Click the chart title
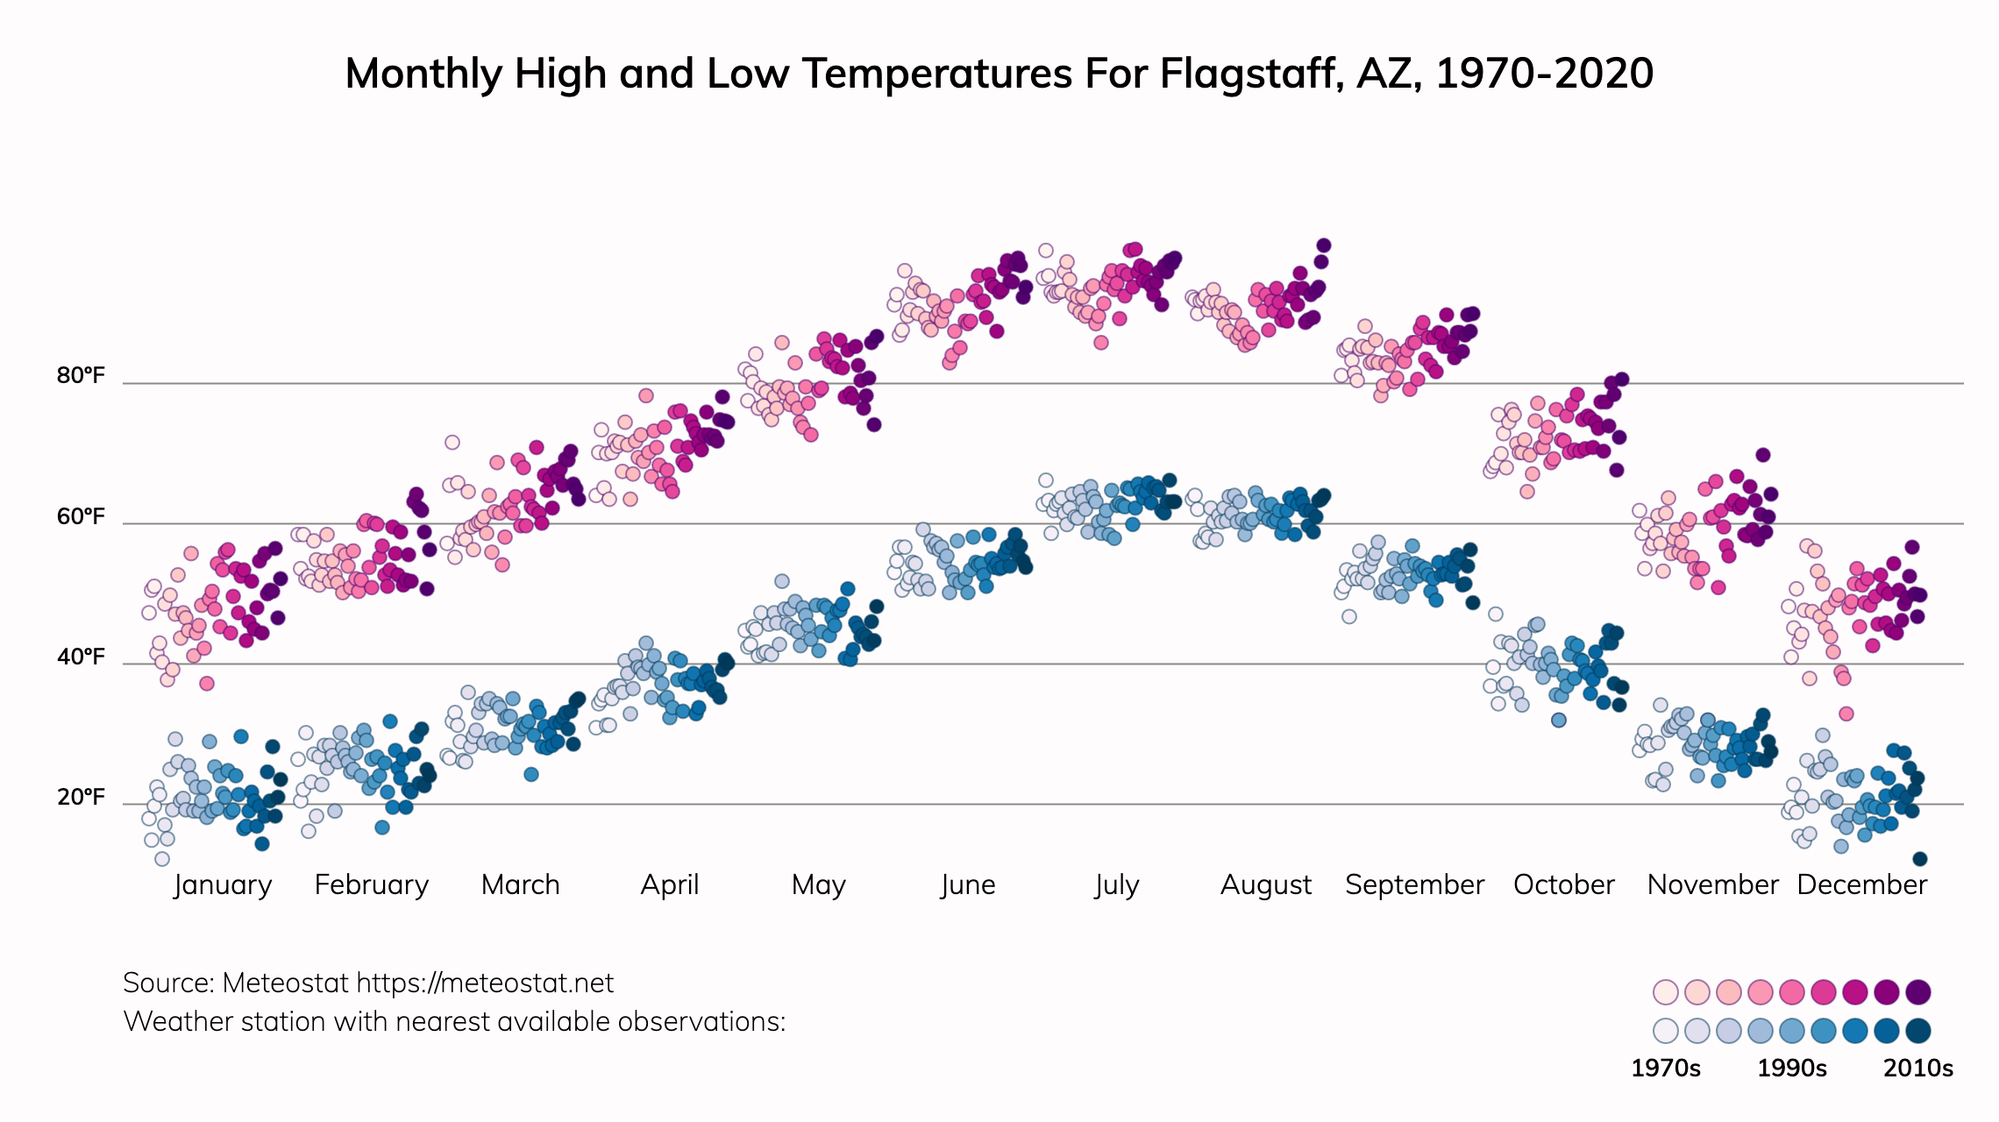[999, 74]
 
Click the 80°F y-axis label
[81, 376]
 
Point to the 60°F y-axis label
[81, 516]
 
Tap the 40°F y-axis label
[81, 657]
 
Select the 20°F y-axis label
[81, 797]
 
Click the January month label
[223, 884]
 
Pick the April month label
[670, 884]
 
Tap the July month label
[1116, 884]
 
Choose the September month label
[1414, 884]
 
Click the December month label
[1861, 884]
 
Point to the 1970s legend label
[1665, 1069]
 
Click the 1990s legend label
[1792, 1069]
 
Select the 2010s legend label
[1918, 1069]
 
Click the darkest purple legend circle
[1918, 992]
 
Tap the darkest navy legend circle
[1918, 1031]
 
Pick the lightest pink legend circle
[1665, 992]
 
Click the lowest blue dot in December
[1919, 859]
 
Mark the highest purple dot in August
[1324, 245]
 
